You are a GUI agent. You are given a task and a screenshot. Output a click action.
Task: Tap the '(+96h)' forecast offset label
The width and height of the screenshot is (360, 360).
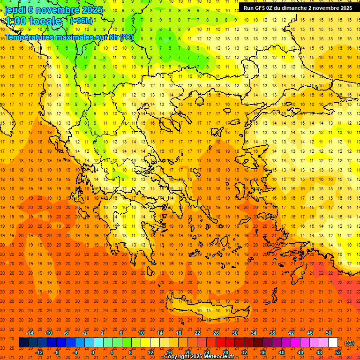(81, 21)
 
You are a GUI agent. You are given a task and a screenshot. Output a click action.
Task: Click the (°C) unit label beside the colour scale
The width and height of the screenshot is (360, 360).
(349, 343)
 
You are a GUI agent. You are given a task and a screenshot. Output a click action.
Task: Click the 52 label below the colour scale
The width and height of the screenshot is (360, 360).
(338, 352)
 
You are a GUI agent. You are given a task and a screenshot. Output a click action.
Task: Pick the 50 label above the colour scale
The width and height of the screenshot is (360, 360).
(329, 333)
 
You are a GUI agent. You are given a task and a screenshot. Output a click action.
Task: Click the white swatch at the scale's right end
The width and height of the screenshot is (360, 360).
(333, 343)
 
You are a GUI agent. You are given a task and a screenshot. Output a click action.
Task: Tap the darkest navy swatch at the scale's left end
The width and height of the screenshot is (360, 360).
(23, 343)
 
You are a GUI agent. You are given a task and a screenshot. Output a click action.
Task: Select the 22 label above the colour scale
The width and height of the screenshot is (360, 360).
(197, 333)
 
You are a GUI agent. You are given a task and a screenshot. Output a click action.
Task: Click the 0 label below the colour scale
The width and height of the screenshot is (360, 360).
(93, 352)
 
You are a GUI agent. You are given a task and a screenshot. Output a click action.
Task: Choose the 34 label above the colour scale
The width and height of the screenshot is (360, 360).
(254, 333)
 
